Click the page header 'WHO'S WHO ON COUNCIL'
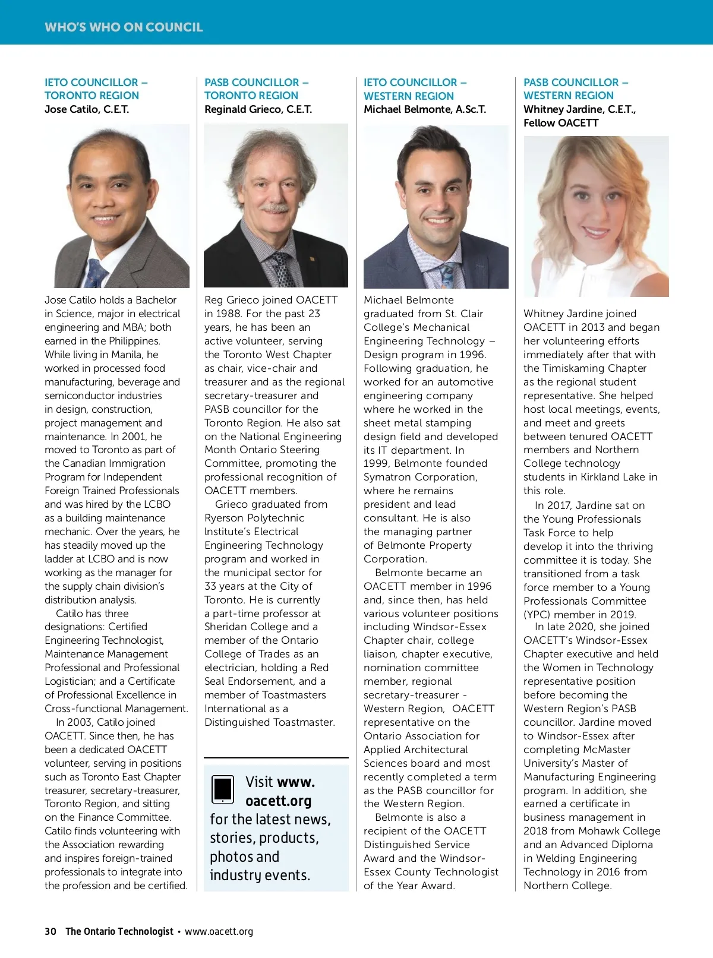pos(124,27)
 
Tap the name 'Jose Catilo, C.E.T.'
pos(87,109)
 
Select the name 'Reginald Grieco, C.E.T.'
pos(258,109)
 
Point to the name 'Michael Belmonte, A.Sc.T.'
pos(425,109)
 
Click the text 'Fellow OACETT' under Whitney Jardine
pos(561,123)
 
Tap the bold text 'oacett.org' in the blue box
pos(278,801)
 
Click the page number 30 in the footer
pos(51,931)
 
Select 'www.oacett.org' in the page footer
pos(219,931)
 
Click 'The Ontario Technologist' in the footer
pos(119,931)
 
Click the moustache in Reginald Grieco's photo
pos(275,208)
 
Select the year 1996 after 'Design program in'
pos(473,355)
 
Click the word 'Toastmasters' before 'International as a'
pos(294,695)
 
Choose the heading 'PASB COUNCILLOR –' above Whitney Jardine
pos(575,83)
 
